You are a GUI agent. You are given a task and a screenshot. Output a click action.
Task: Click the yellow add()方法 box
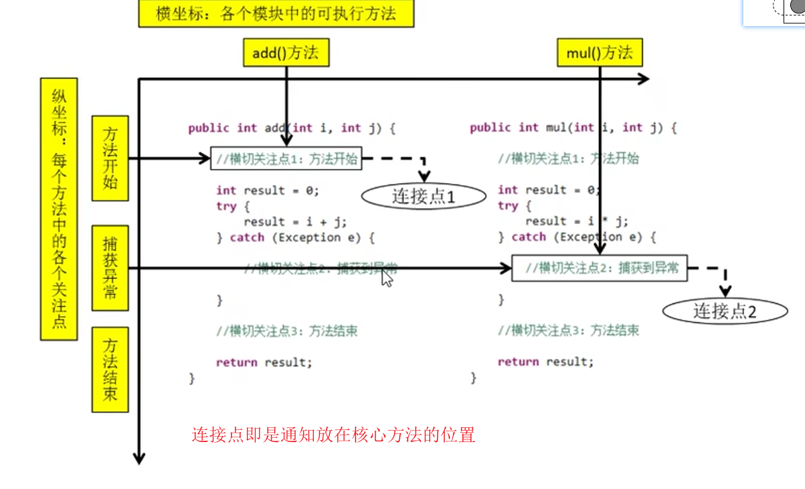[286, 53]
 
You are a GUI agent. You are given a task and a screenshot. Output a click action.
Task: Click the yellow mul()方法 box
[599, 53]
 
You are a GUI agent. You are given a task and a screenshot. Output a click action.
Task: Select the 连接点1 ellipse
[423, 196]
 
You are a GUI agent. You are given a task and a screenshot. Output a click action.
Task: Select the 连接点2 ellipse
[724, 311]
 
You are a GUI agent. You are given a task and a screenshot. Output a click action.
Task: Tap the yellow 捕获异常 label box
[110, 268]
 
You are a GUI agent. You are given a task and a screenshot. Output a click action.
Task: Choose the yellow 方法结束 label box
[110, 369]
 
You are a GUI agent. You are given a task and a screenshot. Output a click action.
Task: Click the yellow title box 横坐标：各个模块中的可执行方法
[276, 14]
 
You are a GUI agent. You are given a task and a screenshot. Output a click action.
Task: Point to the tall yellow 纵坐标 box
[59, 208]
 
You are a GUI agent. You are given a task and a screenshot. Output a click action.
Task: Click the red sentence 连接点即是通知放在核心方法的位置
[333, 435]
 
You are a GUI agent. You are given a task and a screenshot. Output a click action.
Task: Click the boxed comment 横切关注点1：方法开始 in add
[286, 159]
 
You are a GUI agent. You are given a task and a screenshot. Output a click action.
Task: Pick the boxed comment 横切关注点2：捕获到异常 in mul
[599, 268]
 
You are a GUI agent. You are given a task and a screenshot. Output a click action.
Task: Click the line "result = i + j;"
[295, 221]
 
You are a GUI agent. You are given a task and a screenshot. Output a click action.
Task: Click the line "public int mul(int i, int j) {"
[573, 127]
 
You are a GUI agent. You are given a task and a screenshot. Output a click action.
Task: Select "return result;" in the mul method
[545, 362]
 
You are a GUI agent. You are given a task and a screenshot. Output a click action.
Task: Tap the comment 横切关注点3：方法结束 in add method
[286, 331]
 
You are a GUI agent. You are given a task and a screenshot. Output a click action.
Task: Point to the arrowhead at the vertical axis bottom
[139, 458]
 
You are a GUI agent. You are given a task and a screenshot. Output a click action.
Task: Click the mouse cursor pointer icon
[387, 277]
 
